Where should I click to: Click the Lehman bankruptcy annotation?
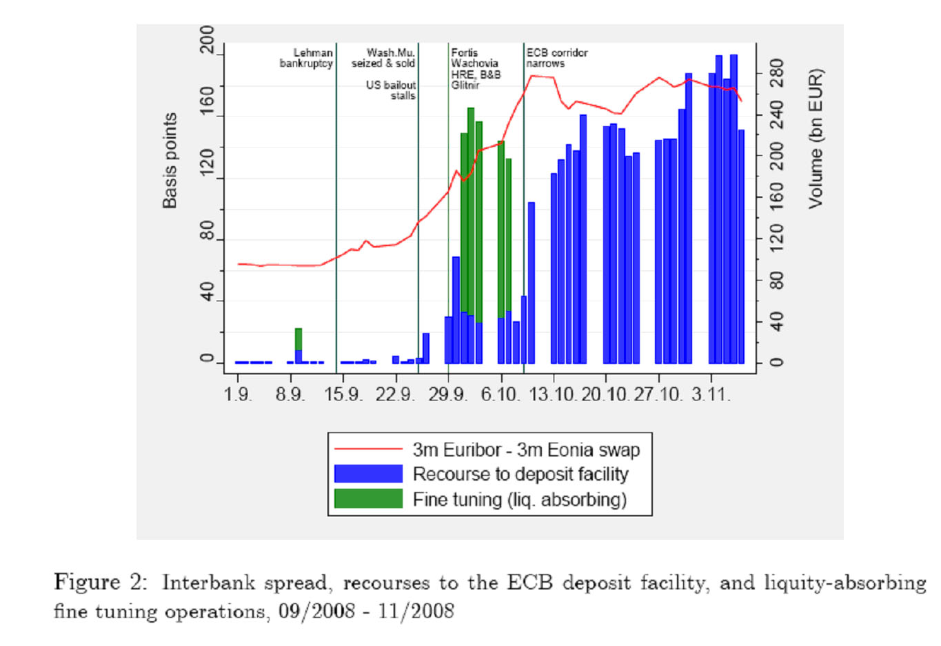point(306,58)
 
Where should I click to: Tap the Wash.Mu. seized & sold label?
point(383,58)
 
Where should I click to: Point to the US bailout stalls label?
point(391,90)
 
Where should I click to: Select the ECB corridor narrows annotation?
point(557,58)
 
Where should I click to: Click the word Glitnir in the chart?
point(465,85)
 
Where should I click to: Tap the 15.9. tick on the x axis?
point(343,394)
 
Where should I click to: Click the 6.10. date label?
point(500,394)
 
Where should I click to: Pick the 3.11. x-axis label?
point(711,394)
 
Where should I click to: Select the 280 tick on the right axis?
point(777,72)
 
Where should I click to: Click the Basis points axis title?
point(170,161)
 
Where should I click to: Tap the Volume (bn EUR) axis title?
point(816,139)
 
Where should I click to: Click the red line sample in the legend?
point(368,450)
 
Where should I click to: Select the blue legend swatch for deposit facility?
point(368,474)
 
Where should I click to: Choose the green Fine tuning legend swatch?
point(368,498)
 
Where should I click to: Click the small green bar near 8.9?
point(299,339)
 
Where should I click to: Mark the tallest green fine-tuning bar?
point(471,207)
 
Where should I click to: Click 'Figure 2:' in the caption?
point(101,583)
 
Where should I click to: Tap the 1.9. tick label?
point(239,394)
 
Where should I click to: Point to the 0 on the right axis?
point(777,362)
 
